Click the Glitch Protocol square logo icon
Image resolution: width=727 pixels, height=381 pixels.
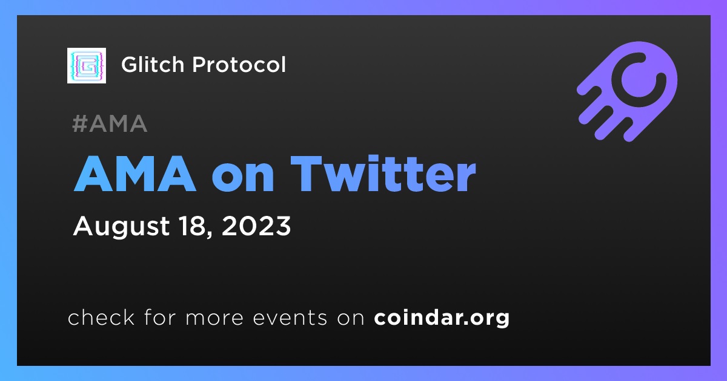87,65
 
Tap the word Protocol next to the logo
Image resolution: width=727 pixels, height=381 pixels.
239,65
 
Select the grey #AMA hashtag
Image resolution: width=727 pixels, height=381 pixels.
110,123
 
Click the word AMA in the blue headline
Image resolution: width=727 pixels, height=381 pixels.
135,174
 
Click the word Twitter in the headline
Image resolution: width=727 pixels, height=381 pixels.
383,174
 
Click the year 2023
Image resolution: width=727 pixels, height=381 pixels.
256,226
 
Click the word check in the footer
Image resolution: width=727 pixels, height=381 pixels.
101,317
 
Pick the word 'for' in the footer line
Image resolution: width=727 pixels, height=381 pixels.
160,317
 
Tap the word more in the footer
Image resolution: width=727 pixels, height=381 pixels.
214,318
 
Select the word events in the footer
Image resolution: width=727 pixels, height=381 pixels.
290,318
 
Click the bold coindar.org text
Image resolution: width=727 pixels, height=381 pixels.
442,318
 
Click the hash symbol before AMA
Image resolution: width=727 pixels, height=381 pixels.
79,123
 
